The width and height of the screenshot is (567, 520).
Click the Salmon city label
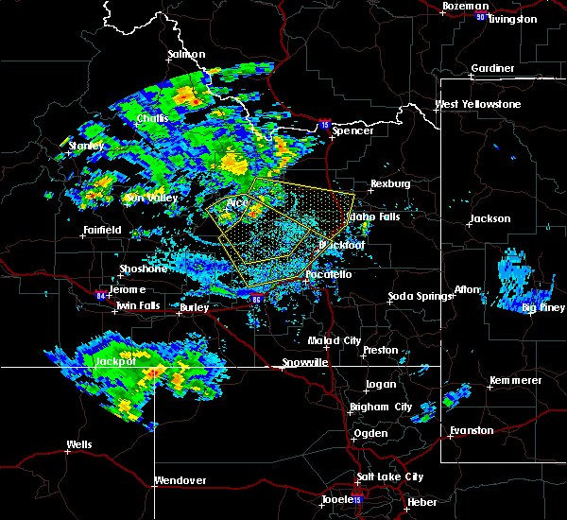pyautogui.click(x=186, y=55)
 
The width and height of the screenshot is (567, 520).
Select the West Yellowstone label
pyautogui.click(x=477, y=104)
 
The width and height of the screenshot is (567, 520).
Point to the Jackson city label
pyautogui.click(x=490, y=218)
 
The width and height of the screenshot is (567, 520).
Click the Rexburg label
pyautogui.click(x=390, y=183)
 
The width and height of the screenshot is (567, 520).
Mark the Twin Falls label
pyautogui.click(x=136, y=306)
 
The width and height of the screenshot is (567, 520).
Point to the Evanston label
pyautogui.click(x=472, y=430)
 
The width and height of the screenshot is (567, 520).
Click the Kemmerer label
pyautogui.click(x=515, y=380)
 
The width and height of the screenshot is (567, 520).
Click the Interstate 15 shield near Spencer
pyautogui.click(x=325, y=124)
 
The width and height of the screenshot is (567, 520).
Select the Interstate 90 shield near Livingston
pyautogui.click(x=480, y=17)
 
